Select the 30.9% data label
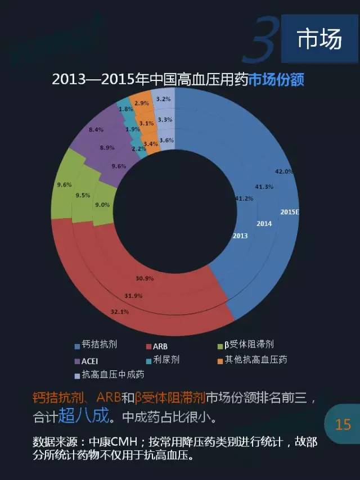(x=145, y=278)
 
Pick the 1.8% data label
(x=126, y=109)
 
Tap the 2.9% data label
(x=142, y=103)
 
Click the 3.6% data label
(x=166, y=140)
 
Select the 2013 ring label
(x=240, y=236)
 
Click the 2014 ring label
(x=264, y=223)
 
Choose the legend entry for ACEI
(x=86, y=360)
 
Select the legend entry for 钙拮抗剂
(x=96, y=345)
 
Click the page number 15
(x=343, y=424)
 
